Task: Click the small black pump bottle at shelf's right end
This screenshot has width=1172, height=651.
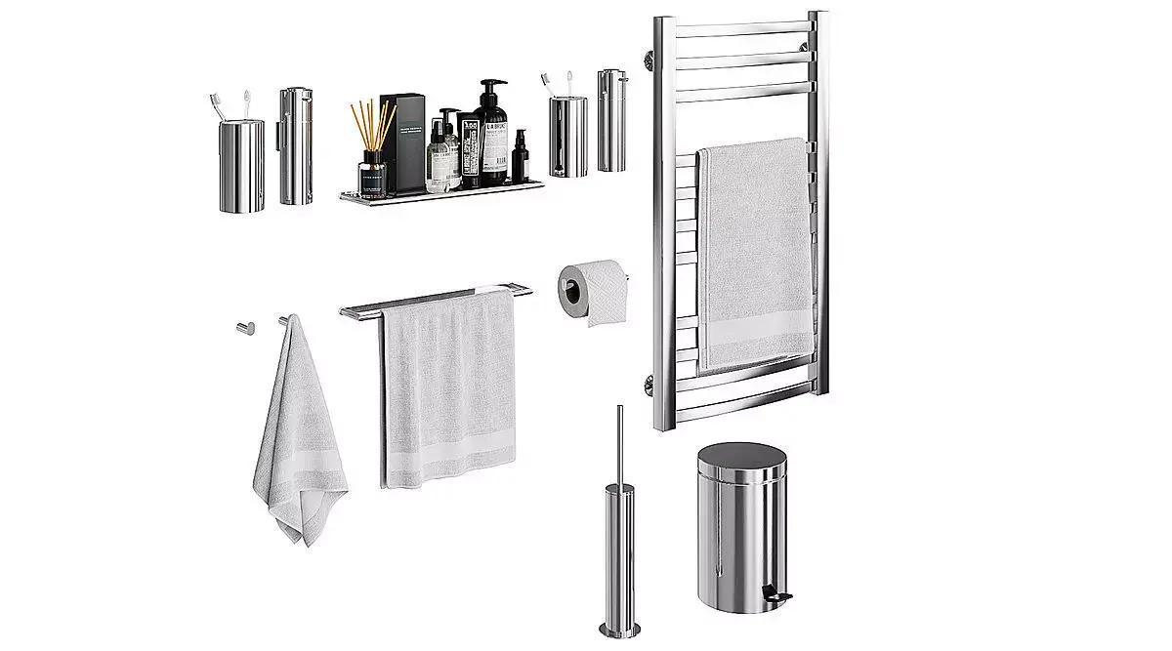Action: click(x=519, y=156)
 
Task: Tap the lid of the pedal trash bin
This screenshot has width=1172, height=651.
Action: click(x=742, y=459)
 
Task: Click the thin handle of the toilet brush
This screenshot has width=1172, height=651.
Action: click(x=618, y=449)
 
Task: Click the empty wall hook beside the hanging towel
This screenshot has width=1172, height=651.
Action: click(x=243, y=327)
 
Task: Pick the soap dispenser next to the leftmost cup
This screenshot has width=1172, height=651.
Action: click(x=295, y=146)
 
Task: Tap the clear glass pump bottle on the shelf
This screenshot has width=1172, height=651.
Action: click(x=444, y=151)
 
